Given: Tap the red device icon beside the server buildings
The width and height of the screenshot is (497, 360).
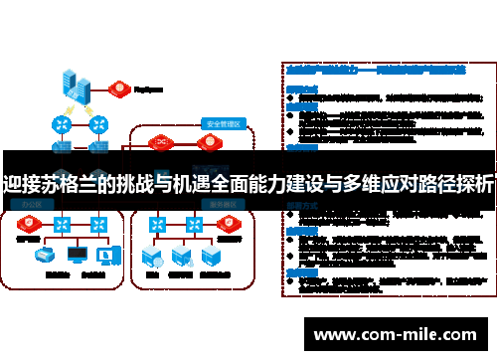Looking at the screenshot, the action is pyautogui.click(x=120, y=86).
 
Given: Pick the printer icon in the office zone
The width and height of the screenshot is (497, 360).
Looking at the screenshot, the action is pyautogui.click(x=46, y=254).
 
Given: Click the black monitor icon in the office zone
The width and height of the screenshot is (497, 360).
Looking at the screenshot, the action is pyautogui.click(x=78, y=254).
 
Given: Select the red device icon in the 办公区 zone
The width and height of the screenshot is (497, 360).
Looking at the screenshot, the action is pyautogui.click(x=27, y=223).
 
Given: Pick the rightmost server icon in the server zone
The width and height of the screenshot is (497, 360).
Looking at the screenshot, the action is pyautogui.click(x=210, y=257).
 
